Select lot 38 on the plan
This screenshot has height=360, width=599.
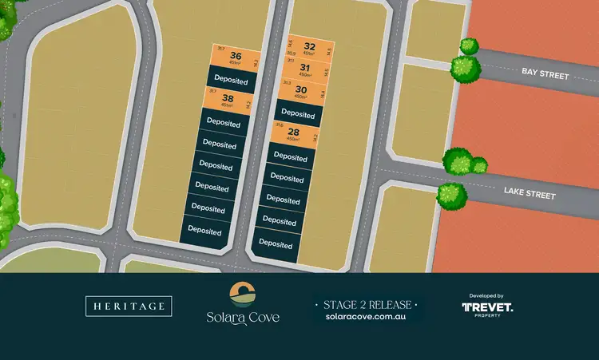(x=228, y=100)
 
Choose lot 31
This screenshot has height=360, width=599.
(x=304, y=69)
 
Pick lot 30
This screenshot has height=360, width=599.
(x=300, y=91)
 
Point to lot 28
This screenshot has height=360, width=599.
(x=293, y=133)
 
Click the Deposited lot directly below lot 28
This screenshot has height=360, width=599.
(x=288, y=157)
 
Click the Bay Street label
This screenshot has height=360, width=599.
(x=545, y=74)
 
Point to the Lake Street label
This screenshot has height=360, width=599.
(x=529, y=193)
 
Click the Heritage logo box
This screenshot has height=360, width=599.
(x=129, y=306)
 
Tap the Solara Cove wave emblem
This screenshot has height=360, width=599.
(x=241, y=294)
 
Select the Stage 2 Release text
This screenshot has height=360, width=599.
(x=367, y=305)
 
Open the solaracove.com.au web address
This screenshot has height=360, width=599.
(x=367, y=317)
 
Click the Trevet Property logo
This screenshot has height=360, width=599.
(x=487, y=308)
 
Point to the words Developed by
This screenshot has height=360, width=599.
(x=487, y=295)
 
